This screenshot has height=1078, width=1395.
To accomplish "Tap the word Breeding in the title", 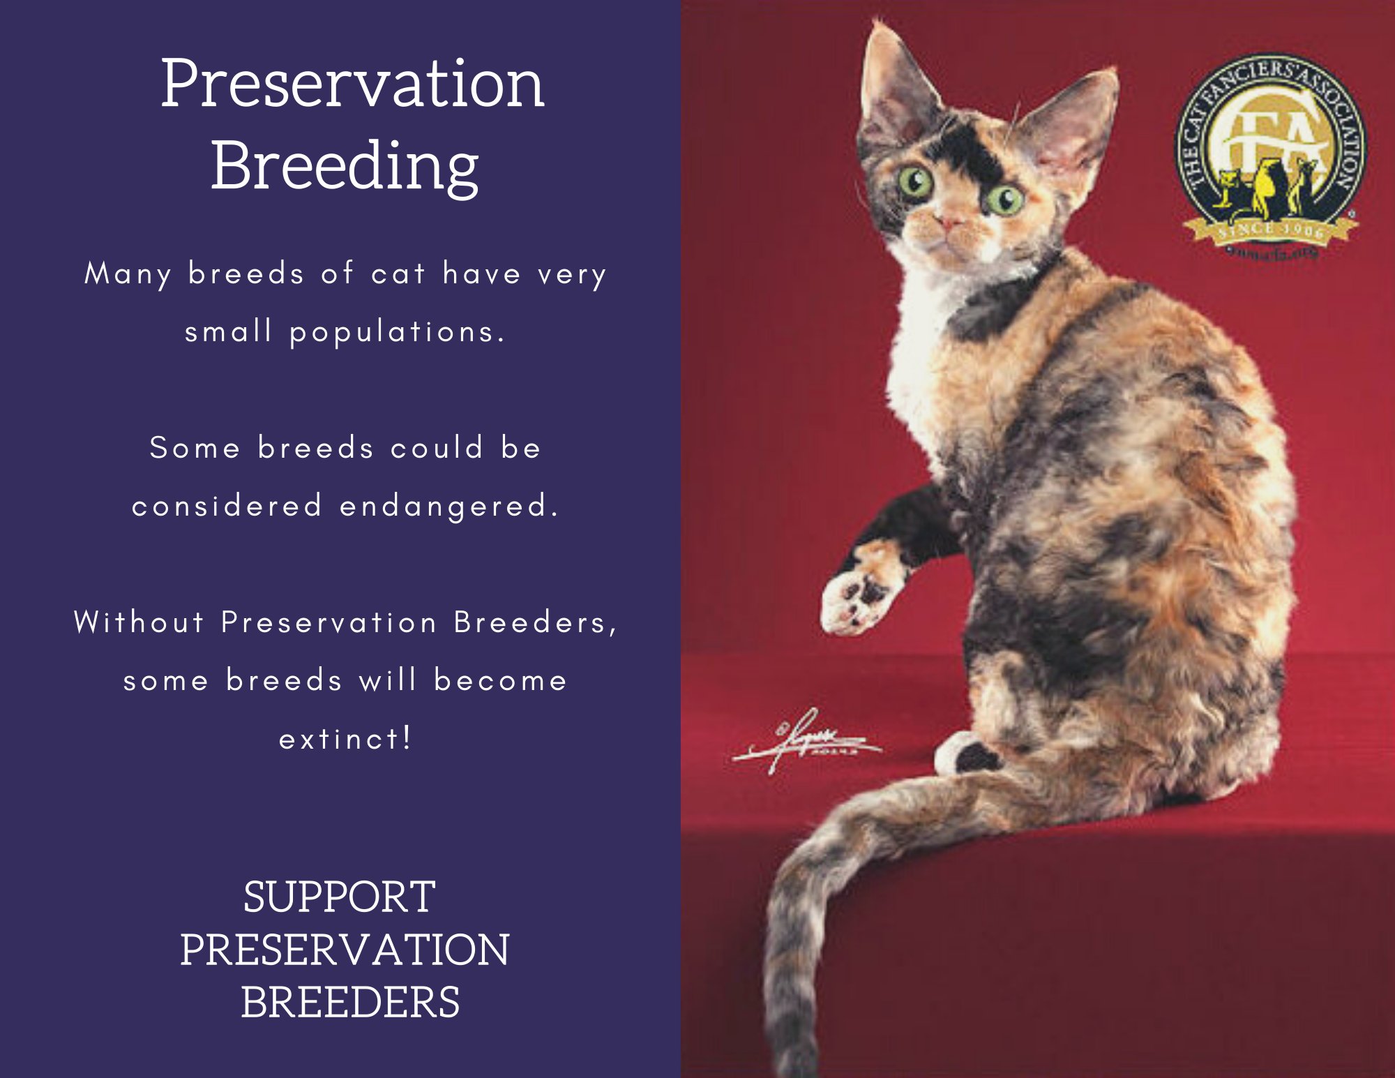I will (345, 166).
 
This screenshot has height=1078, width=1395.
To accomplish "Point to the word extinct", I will (345, 739).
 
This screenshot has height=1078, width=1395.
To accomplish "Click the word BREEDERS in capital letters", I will (350, 1002).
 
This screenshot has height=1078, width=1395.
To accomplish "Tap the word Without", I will (139, 622).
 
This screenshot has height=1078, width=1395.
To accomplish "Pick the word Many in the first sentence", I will (128, 274).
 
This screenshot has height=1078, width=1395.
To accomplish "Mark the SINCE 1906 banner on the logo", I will (1269, 231).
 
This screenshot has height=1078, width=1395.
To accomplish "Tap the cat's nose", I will (949, 223).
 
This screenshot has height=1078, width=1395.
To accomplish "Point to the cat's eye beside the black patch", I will (1005, 200).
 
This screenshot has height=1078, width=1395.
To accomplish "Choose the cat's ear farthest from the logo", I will (893, 84).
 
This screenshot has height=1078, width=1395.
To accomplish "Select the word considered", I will (227, 506).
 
